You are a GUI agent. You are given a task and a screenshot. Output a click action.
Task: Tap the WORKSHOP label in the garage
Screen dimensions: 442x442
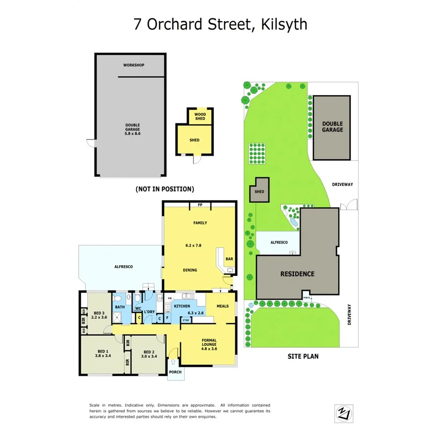(134, 65)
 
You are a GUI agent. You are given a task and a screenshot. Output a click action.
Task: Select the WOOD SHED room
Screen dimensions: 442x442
(200, 116)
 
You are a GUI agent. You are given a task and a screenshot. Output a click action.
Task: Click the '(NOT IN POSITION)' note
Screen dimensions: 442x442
(165, 189)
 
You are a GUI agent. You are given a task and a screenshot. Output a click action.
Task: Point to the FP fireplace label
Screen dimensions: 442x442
(200, 205)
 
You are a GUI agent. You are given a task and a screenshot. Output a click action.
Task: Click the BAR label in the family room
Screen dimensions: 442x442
(229, 259)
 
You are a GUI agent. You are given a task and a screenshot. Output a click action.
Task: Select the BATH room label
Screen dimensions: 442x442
(120, 307)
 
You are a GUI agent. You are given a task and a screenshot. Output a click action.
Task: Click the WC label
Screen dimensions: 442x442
(138, 308)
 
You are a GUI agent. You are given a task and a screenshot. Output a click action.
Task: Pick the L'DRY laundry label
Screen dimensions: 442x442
(149, 311)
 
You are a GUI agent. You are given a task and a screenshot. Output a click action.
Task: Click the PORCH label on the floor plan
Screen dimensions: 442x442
(175, 372)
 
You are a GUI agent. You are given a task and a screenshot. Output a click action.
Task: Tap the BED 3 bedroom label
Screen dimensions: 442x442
(99, 313)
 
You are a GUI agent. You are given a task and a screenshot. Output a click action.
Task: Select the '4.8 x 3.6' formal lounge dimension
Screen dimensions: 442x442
(209, 349)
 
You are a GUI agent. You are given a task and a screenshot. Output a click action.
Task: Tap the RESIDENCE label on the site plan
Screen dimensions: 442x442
(298, 274)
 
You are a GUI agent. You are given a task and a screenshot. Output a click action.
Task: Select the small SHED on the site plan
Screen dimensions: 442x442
(259, 192)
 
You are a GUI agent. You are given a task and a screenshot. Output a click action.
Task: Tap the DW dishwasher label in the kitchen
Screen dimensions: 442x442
(169, 298)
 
